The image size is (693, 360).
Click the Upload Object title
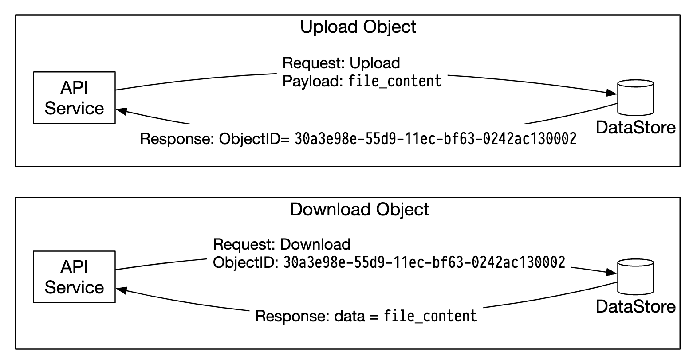coord(358,27)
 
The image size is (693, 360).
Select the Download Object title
coord(359,209)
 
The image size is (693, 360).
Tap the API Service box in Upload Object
coord(74,98)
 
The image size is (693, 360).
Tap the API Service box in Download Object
coord(74,277)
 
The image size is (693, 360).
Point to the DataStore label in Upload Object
coord(635,128)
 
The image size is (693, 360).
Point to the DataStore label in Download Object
coord(635,307)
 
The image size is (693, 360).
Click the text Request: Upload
coord(341,63)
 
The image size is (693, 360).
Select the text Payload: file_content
coord(362,81)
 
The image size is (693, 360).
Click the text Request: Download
coord(282,244)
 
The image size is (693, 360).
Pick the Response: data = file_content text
coord(366,317)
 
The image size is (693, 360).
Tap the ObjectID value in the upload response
coord(435,139)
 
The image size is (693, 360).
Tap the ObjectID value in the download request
coord(424,262)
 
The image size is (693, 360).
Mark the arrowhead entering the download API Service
coord(121,290)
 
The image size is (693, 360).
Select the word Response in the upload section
coord(177,139)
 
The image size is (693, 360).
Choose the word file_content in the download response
coord(430,317)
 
